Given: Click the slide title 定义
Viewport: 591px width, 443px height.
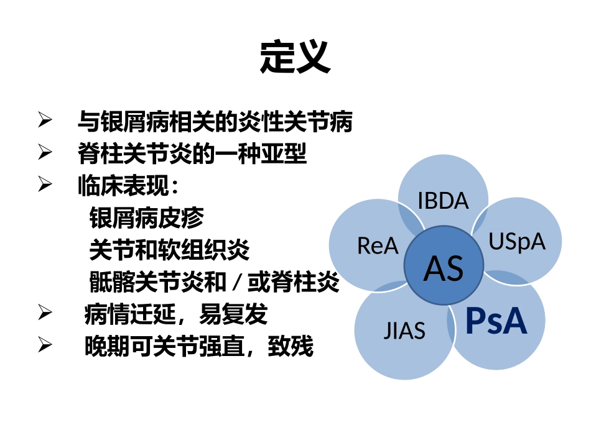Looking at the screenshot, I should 295,58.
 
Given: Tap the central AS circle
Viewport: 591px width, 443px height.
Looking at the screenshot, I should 444,267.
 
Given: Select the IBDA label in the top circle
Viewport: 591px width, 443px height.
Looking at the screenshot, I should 443,201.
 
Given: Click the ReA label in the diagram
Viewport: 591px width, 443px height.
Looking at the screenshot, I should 378,246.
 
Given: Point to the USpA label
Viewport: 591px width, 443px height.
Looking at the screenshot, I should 516,241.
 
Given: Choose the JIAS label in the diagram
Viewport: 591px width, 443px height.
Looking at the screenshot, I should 404,330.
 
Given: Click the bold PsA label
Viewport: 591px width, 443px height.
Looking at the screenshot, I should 496,321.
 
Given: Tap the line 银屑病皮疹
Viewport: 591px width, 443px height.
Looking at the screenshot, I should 147,218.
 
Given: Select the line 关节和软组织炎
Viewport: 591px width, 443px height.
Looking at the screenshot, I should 169,250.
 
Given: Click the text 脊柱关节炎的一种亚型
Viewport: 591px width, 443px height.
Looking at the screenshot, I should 192,153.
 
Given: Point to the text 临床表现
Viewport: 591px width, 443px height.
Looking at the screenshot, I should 124,185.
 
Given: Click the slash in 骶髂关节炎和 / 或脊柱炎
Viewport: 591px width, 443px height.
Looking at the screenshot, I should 236,284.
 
